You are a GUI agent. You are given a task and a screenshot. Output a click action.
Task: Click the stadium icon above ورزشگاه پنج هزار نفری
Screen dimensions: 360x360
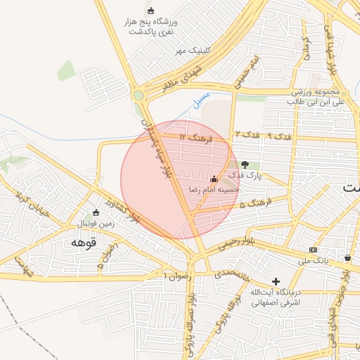pos(150,11)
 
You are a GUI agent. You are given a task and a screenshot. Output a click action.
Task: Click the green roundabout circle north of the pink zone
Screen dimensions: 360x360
pos(139,96)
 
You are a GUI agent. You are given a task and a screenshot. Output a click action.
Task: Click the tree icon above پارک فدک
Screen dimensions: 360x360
pos(245,165)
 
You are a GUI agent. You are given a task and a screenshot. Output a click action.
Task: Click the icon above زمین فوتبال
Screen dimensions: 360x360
pos(96,212)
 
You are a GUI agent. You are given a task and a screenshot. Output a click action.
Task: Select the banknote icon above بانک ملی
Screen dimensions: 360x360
pos(313,250)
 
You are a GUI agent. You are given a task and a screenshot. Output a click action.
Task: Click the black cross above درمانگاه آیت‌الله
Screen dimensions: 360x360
pos(276,281)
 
